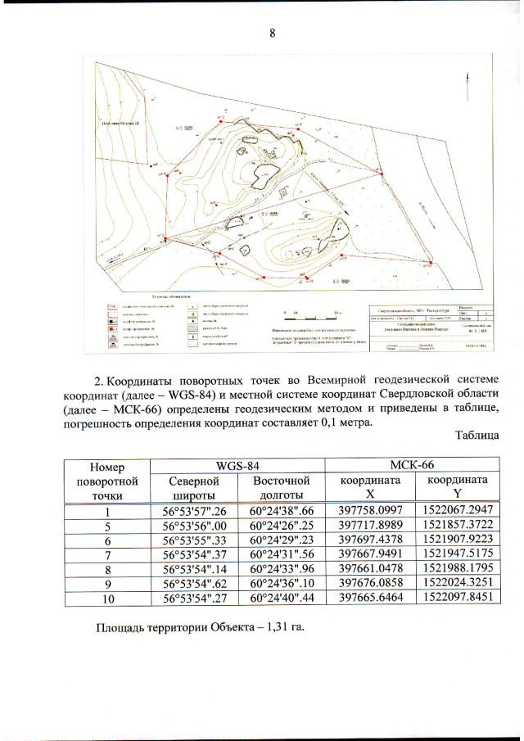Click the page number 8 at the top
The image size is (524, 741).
272,33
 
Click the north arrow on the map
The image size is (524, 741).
468,82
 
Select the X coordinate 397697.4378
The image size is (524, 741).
370,540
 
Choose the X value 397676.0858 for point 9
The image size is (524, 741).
370,584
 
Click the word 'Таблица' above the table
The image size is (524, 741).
477,435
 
